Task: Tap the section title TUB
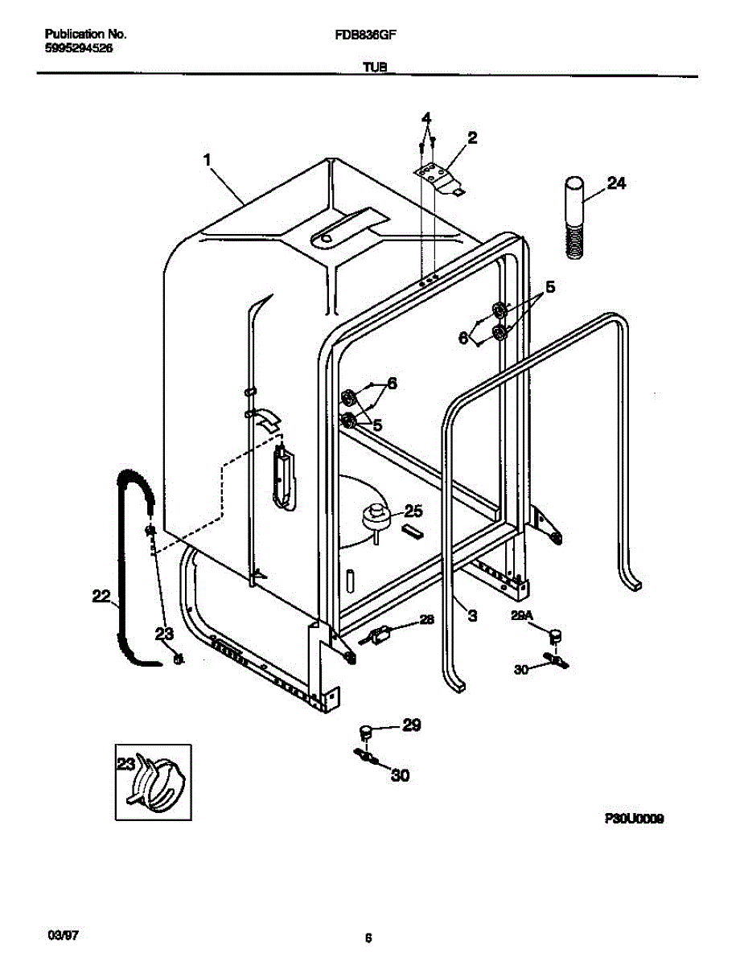375,68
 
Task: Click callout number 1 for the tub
208,161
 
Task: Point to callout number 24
615,183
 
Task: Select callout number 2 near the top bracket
472,138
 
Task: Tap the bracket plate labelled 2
438,177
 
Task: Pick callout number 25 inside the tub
413,510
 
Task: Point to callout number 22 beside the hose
101,596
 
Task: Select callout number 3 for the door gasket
472,616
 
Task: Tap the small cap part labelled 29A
553,637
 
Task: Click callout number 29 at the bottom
411,725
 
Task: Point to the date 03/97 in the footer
64,937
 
